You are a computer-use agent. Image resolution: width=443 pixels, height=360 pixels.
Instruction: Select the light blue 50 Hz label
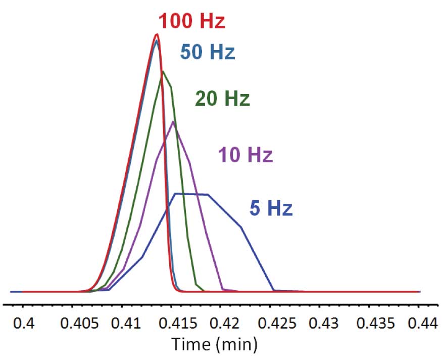point(207,52)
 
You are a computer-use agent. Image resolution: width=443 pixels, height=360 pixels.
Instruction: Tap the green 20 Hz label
point(222,99)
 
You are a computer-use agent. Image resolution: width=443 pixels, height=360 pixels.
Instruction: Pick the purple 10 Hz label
point(245,155)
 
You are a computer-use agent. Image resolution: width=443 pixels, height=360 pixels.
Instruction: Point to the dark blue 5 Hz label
point(271,208)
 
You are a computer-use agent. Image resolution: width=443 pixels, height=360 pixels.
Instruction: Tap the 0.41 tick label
point(124,323)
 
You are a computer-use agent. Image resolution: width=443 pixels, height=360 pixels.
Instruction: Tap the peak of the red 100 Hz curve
point(157,34)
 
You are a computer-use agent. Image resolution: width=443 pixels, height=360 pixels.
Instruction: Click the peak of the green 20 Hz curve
point(163,71)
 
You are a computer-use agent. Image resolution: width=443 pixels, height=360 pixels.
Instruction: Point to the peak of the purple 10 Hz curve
point(173,121)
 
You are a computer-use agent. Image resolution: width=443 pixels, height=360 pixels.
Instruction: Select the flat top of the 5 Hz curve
point(191,194)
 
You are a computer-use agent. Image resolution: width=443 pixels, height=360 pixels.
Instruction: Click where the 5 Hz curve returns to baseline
point(274,291)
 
